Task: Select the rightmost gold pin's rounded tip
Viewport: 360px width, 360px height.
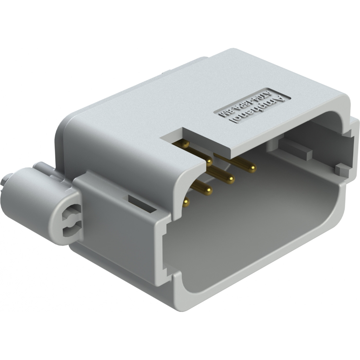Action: tap(252, 169)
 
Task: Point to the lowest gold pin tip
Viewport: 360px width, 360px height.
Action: tap(186, 202)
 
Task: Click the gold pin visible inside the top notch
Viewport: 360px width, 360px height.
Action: tap(185, 144)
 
